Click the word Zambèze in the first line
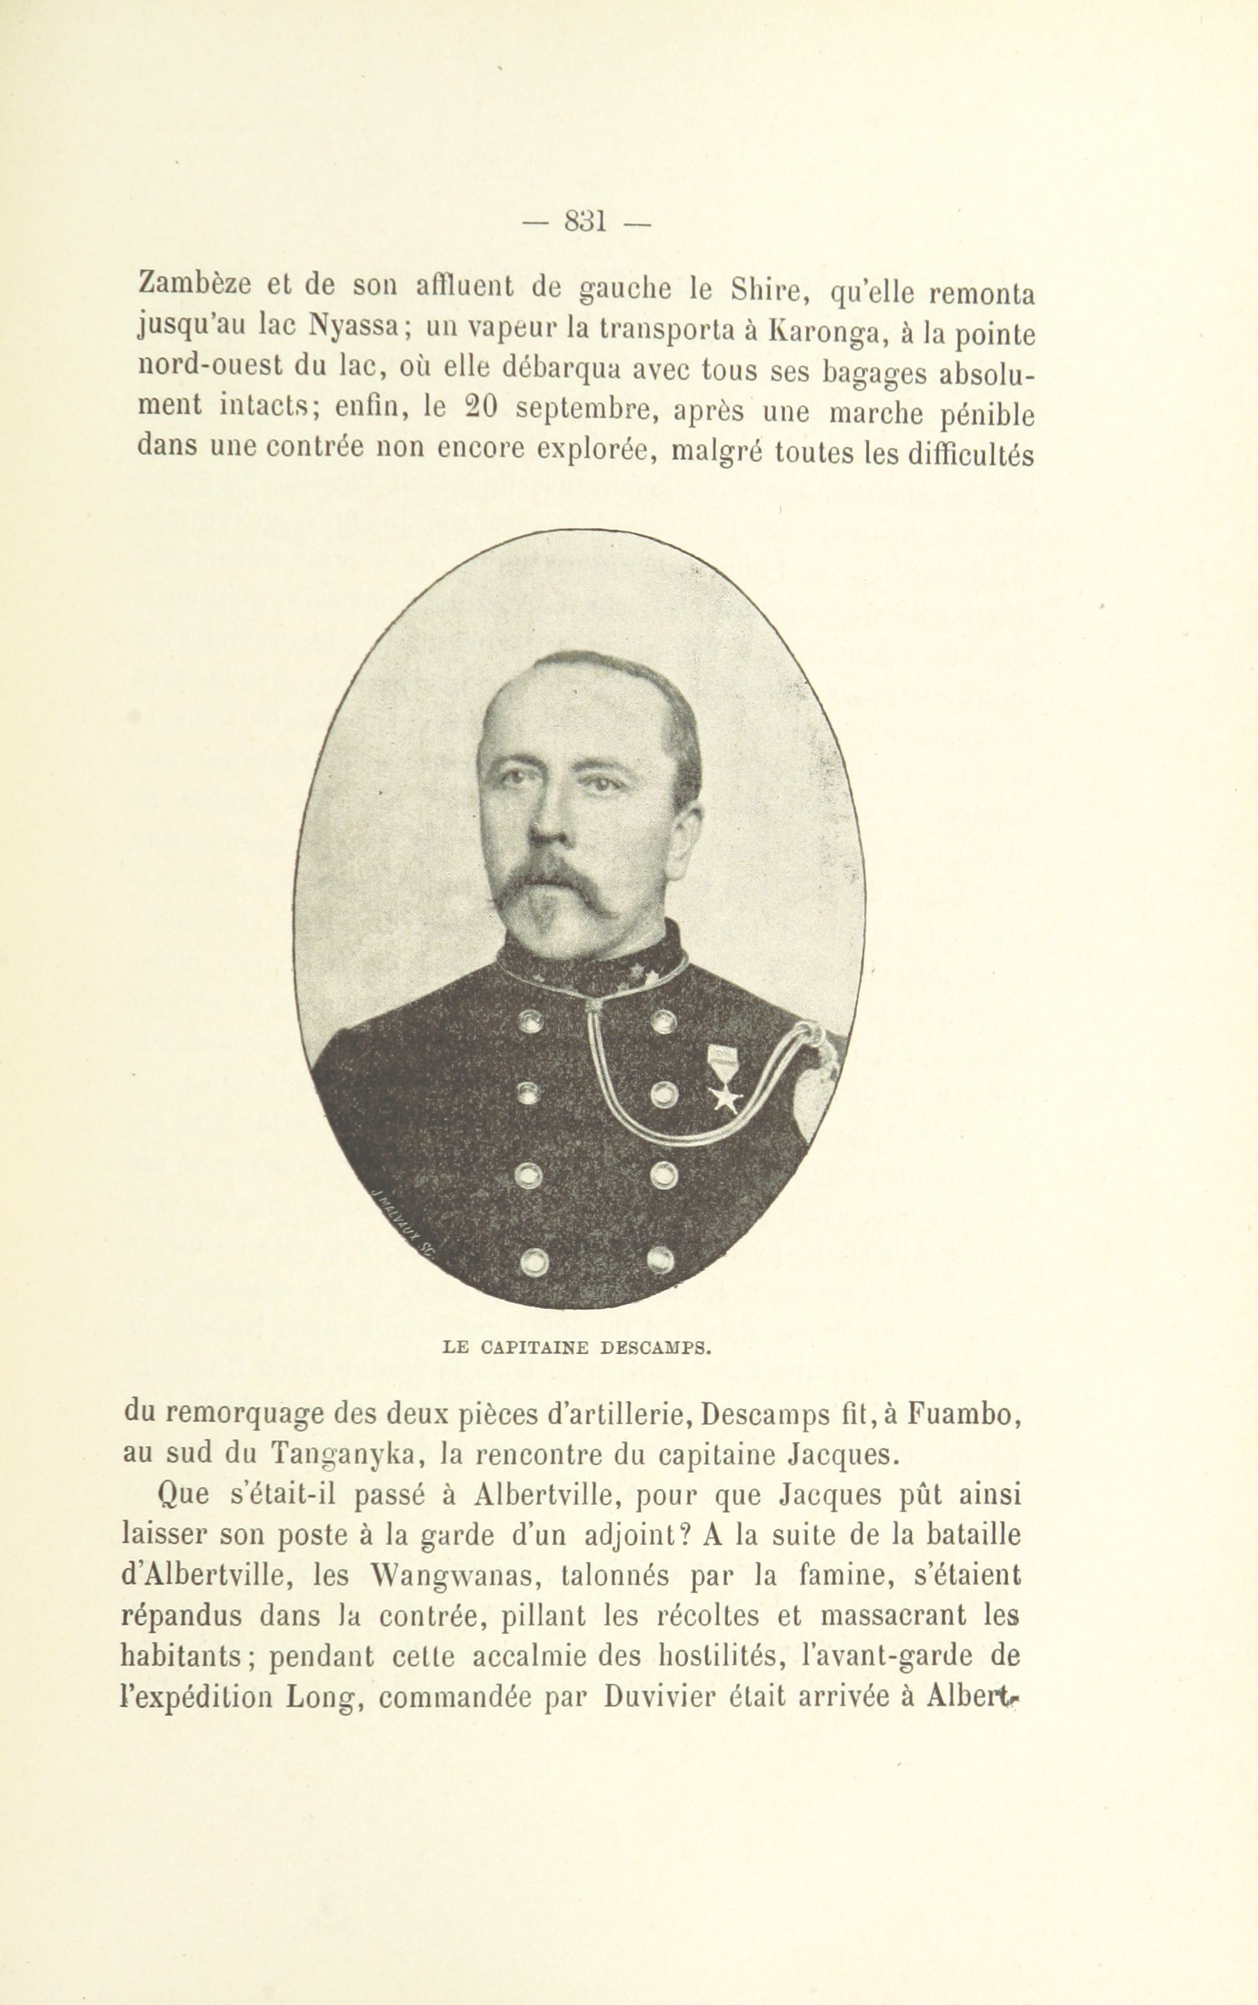coord(194,285)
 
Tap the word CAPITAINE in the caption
coord(534,1347)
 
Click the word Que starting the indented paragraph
coord(181,1496)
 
